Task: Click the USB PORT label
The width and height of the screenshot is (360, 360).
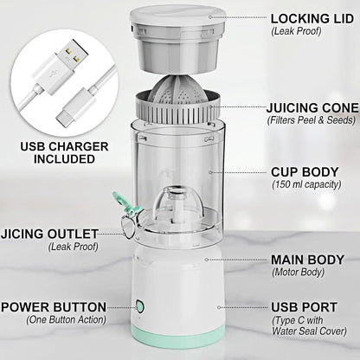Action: (302, 306)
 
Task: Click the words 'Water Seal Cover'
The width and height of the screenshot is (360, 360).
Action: (309, 331)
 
